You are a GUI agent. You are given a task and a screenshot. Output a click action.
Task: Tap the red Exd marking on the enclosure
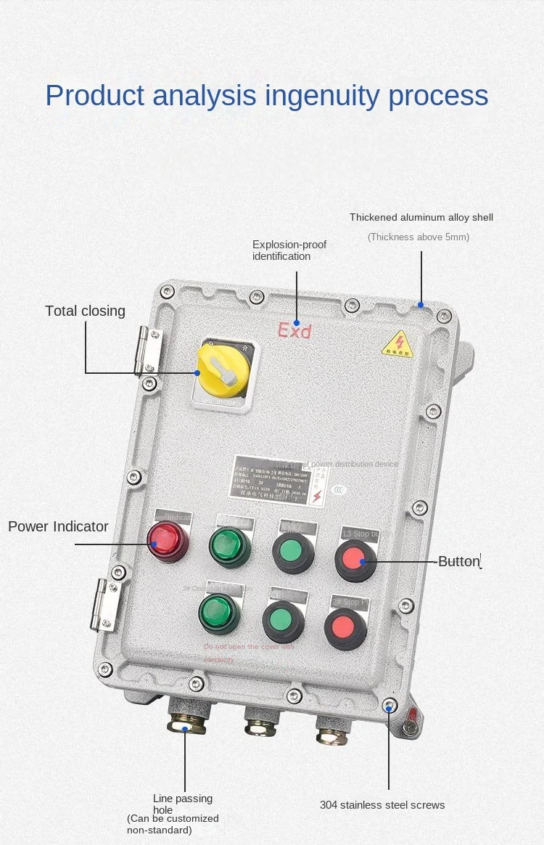[294, 331]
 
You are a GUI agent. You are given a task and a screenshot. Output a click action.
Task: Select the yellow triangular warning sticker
[397, 343]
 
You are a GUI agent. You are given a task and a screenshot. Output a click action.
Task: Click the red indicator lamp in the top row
[168, 540]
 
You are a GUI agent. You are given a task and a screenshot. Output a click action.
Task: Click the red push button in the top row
[355, 560]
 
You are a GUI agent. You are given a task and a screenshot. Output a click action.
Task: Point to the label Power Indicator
[58, 526]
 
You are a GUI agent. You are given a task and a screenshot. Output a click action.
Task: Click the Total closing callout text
[85, 311]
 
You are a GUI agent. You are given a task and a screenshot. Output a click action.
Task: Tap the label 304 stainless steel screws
[382, 804]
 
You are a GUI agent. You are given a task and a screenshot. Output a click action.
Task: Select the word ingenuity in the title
[321, 95]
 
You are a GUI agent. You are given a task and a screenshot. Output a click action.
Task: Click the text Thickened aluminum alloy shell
[421, 217]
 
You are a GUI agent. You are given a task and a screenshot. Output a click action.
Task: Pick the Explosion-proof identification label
[289, 250]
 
